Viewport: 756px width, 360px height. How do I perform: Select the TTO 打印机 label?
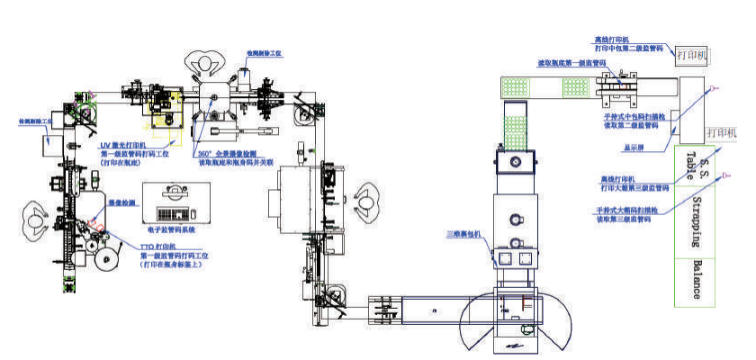point(154,246)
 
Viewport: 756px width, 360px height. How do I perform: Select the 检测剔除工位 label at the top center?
point(265,54)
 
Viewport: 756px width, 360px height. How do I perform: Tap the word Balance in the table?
point(697,281)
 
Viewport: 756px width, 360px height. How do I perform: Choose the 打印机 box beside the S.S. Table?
point(722,132)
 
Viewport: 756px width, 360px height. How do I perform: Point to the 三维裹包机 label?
point(467,234)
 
